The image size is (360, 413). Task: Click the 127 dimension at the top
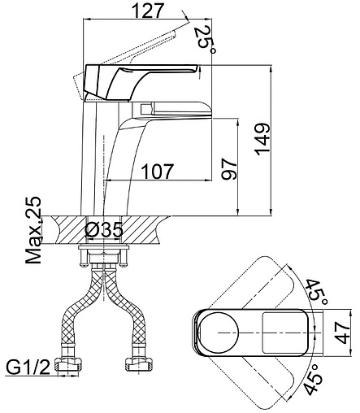coord(149,11)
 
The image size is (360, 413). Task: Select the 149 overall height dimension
coord(262,139)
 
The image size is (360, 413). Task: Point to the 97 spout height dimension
coord(229,169)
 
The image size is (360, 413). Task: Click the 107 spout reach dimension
coord(158,172)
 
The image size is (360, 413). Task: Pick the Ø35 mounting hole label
coord(104,230)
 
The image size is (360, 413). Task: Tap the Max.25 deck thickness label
coord(33,230)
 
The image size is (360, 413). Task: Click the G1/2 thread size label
coord(28,368)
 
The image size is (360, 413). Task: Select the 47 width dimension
coord(342,333)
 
